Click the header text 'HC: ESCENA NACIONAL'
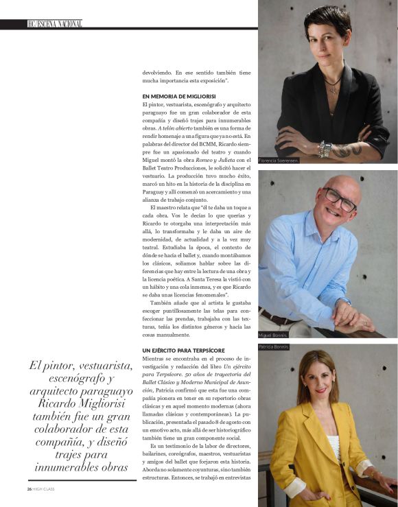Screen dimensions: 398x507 pos(55,24)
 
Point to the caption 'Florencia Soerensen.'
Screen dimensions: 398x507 pos(279,161)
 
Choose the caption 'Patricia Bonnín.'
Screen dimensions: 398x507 pos(274,347)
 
